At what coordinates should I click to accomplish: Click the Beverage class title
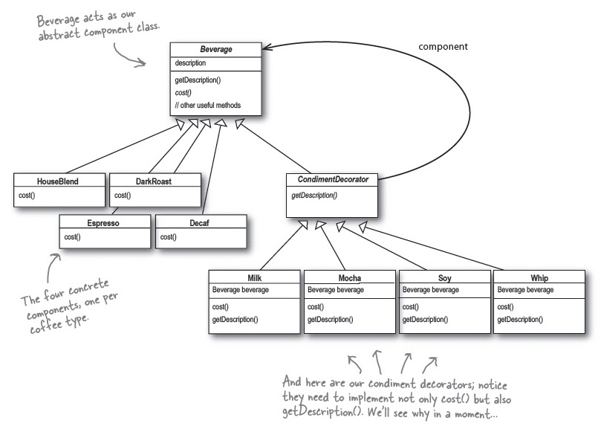coord(215,49)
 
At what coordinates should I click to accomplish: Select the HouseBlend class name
coord(58,180)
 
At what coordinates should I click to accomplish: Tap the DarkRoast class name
coord(155,180)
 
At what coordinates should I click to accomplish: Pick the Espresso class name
coord(104,222)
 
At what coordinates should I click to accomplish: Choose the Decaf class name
coord(201,222)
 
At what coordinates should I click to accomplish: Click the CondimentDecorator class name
coord(332,179)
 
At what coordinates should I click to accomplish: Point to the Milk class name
coord(255,278)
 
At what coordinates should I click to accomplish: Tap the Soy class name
coord(444,278)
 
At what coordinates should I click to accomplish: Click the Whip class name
coord(539,278)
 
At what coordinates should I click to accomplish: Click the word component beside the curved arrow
coord(443,46)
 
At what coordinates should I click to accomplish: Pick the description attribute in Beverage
coord(190,63)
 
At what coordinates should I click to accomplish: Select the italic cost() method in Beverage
coord(185,92)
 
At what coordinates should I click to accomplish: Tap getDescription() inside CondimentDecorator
coord(314,195)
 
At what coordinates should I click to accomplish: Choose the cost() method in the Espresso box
coord(72,237)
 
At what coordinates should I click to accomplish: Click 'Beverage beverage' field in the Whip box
coord(524,290)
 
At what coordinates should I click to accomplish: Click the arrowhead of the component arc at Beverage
coord(267,49)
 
